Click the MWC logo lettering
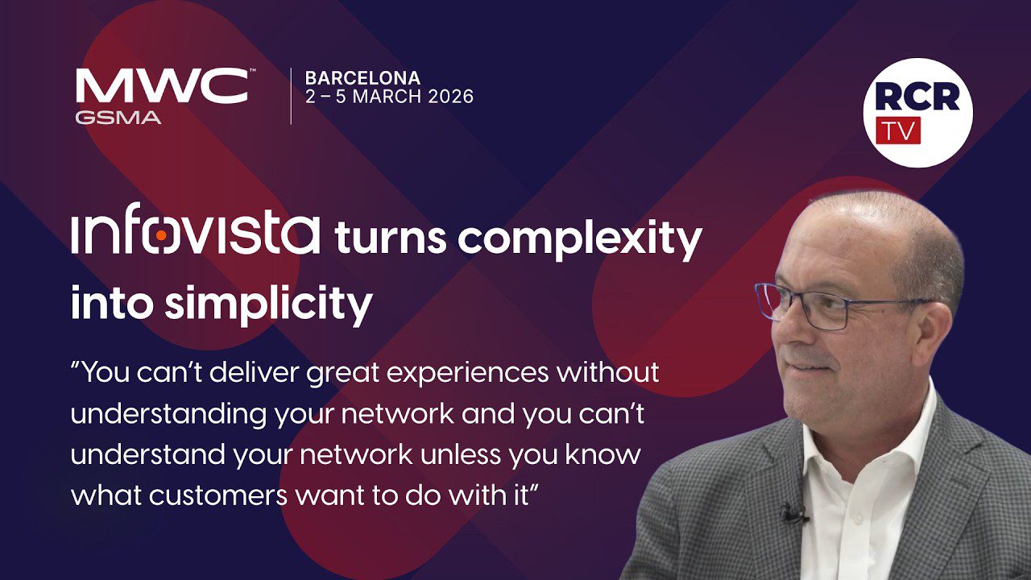point(162,85)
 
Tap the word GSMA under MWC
point(118,118)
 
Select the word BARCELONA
point(362,78)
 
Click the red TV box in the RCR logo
point(898,130)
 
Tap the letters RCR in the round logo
point(917,96)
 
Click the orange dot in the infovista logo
point(161,235)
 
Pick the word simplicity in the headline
point(269,304)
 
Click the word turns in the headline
point(391,238)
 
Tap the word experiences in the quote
point(468,373)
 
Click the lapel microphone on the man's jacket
point(793,513)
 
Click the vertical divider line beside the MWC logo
point(291,96)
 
